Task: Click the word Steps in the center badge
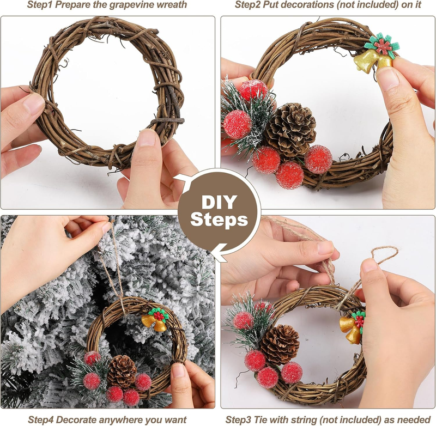click(x=219, y=220)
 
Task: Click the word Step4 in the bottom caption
click(x=41, y=419)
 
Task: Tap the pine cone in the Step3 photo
click(x=280, y=345)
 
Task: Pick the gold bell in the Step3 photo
click(x=350, y=328)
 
